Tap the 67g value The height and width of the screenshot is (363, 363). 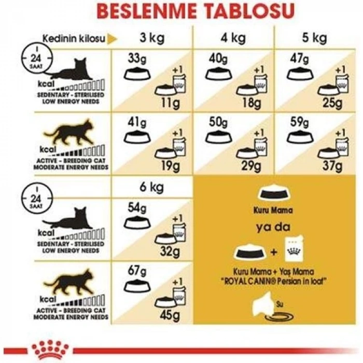(x=136, y=271)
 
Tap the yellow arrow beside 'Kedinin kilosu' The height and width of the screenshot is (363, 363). (x=110, y=39)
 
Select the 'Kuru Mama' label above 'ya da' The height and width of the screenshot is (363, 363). (x=273, y=211)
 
